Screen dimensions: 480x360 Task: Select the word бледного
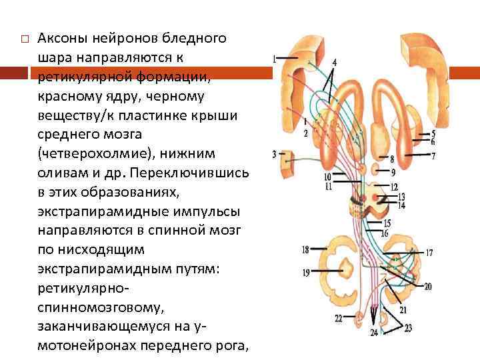pyautogui.click(x=193, y=38)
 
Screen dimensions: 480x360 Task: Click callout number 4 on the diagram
pyautogui.click(x=334, y=62)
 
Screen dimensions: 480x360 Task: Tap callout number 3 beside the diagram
pyautogui.click(x=275, y=155)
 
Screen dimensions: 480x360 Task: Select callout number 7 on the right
pyautogui.click(x=433, y=156)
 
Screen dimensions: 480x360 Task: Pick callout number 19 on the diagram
pyautogui.click(x=305, y=272)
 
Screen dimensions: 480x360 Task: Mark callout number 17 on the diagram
pyautogui.click(x=429, y=253)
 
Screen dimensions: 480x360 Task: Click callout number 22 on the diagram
pyautogui.click(x=339, y=318)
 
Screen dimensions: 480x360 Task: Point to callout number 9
pyautogui.click(x=393, y=172)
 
